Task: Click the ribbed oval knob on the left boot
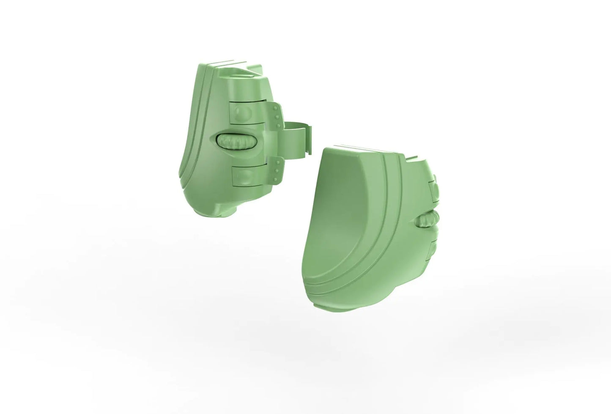tap(237, 141)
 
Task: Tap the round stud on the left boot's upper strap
tap(244, 112)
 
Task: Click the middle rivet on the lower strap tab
tap(277, 170)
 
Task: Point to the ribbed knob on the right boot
tap(428, 221)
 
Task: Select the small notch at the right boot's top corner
tap(416, 159)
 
